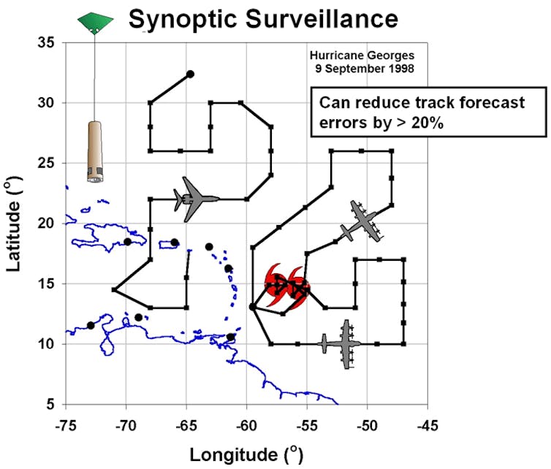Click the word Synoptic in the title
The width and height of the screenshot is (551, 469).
(183, 20)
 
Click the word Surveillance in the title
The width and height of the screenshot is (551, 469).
(322, 18)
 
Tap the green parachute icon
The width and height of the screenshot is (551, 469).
(95, 23)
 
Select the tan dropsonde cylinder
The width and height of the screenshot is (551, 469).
(95, 152)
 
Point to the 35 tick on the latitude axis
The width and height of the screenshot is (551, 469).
(46, 43)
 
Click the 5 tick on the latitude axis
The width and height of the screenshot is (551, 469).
(50, 405)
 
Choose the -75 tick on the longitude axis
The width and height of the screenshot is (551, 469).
(66, 426)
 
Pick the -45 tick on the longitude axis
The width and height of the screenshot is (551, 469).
(427, 426)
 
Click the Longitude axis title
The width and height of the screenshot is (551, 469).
(246, 455)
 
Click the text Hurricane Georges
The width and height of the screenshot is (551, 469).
(362, 56)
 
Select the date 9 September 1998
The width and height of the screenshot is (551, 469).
(365, 69)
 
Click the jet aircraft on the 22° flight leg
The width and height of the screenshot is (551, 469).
(196, 199)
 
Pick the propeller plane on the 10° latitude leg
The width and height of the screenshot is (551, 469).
(341, 344)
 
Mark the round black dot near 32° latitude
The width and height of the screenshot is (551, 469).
(190, 74)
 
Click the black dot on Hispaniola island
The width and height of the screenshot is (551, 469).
(128, 242)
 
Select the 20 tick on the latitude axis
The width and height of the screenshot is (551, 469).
(46, 224)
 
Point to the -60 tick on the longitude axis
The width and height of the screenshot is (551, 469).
(247, 426)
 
